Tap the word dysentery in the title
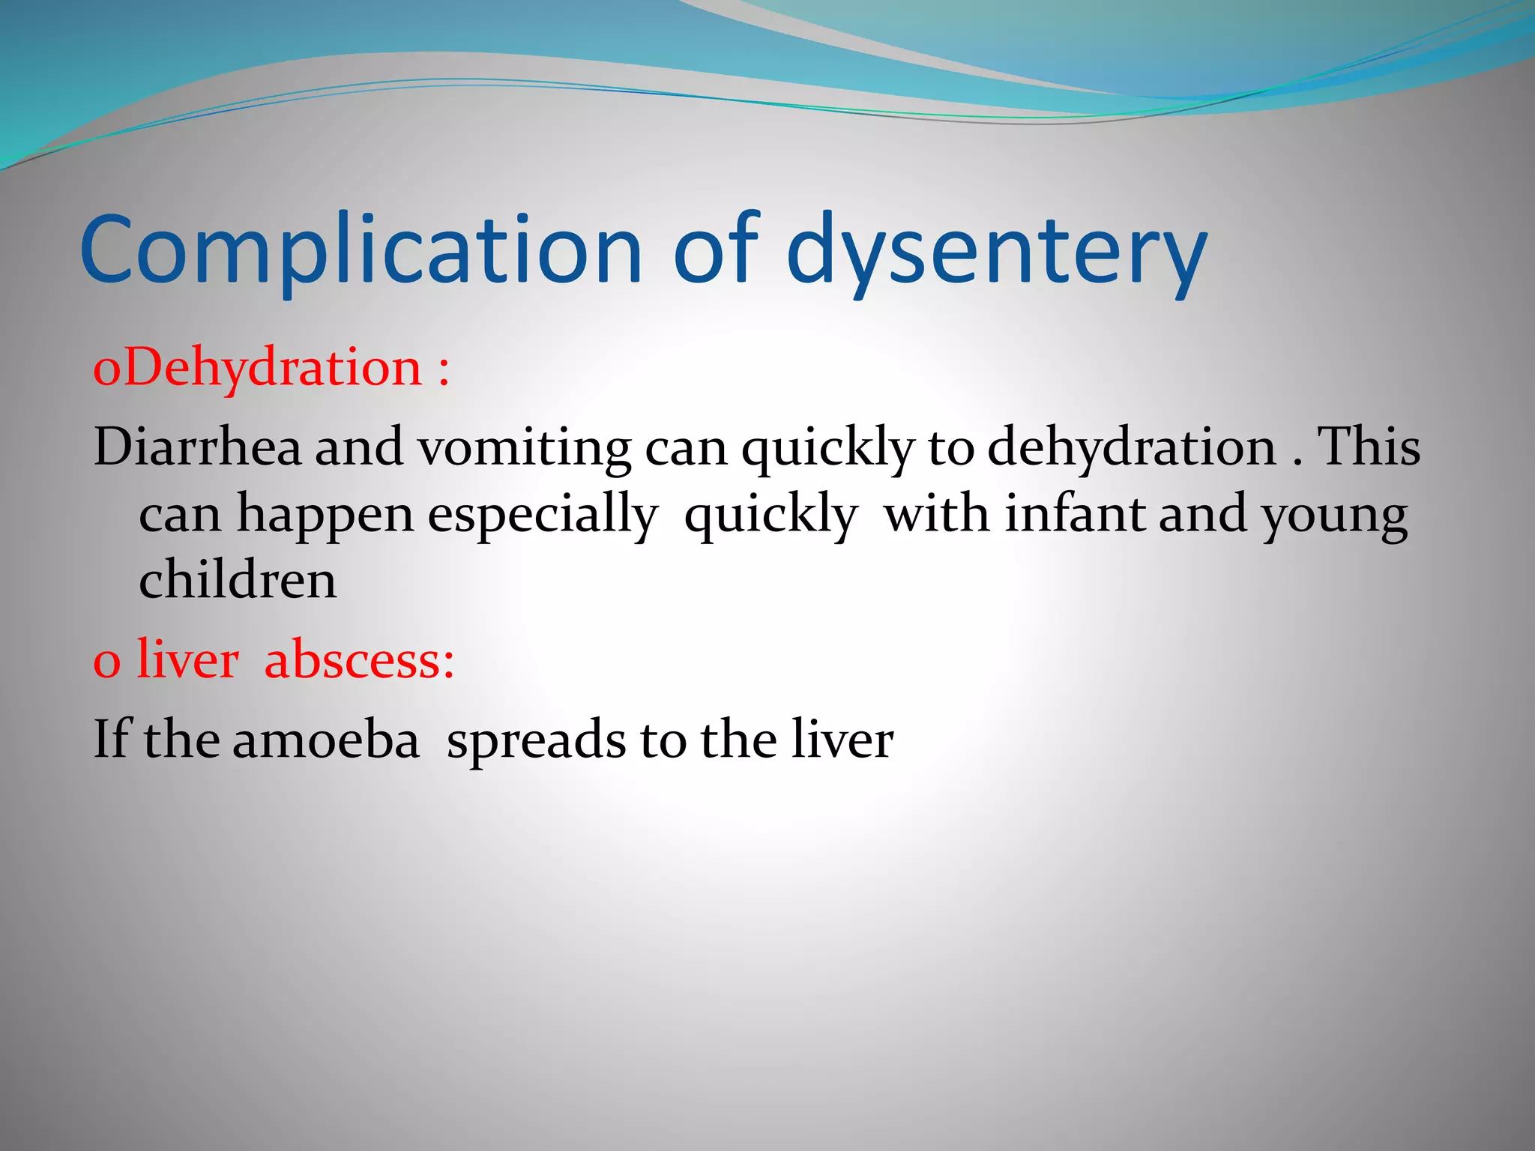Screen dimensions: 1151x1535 [997, 251]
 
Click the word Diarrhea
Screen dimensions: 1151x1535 [197, 447]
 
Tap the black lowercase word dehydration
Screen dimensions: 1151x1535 [1132, 447]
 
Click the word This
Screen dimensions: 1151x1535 [1369, 447]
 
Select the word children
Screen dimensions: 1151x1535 [238, 580]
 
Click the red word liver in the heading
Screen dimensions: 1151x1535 [187, 659]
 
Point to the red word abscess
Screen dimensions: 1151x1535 [359, 659]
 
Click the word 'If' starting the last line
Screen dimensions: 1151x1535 [112, 739]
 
